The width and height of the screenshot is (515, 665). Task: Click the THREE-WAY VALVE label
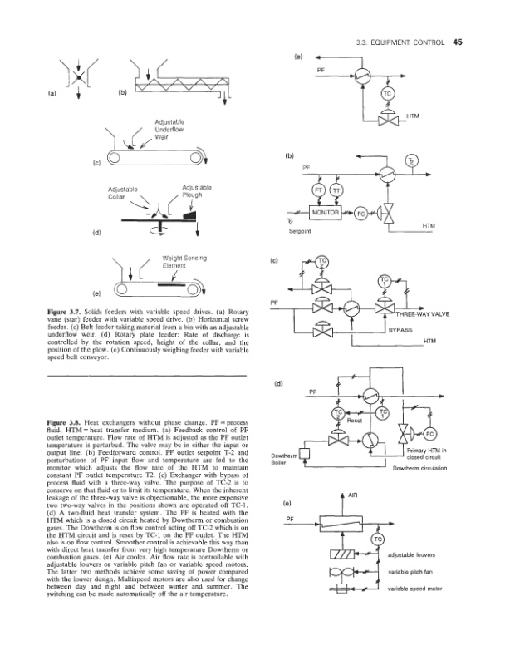[424, 315]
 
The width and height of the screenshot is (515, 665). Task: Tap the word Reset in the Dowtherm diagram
[354, 421]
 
